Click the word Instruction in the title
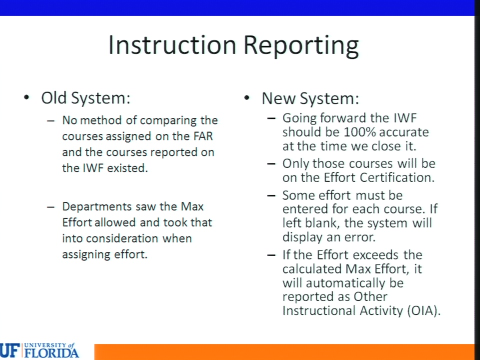[172, 45]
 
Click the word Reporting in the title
[301, 46]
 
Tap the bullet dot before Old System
[26, 97]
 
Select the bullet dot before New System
[246, 97]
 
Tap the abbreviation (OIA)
[423, 310]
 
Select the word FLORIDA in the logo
[51, 353]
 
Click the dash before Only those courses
[271, 164]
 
